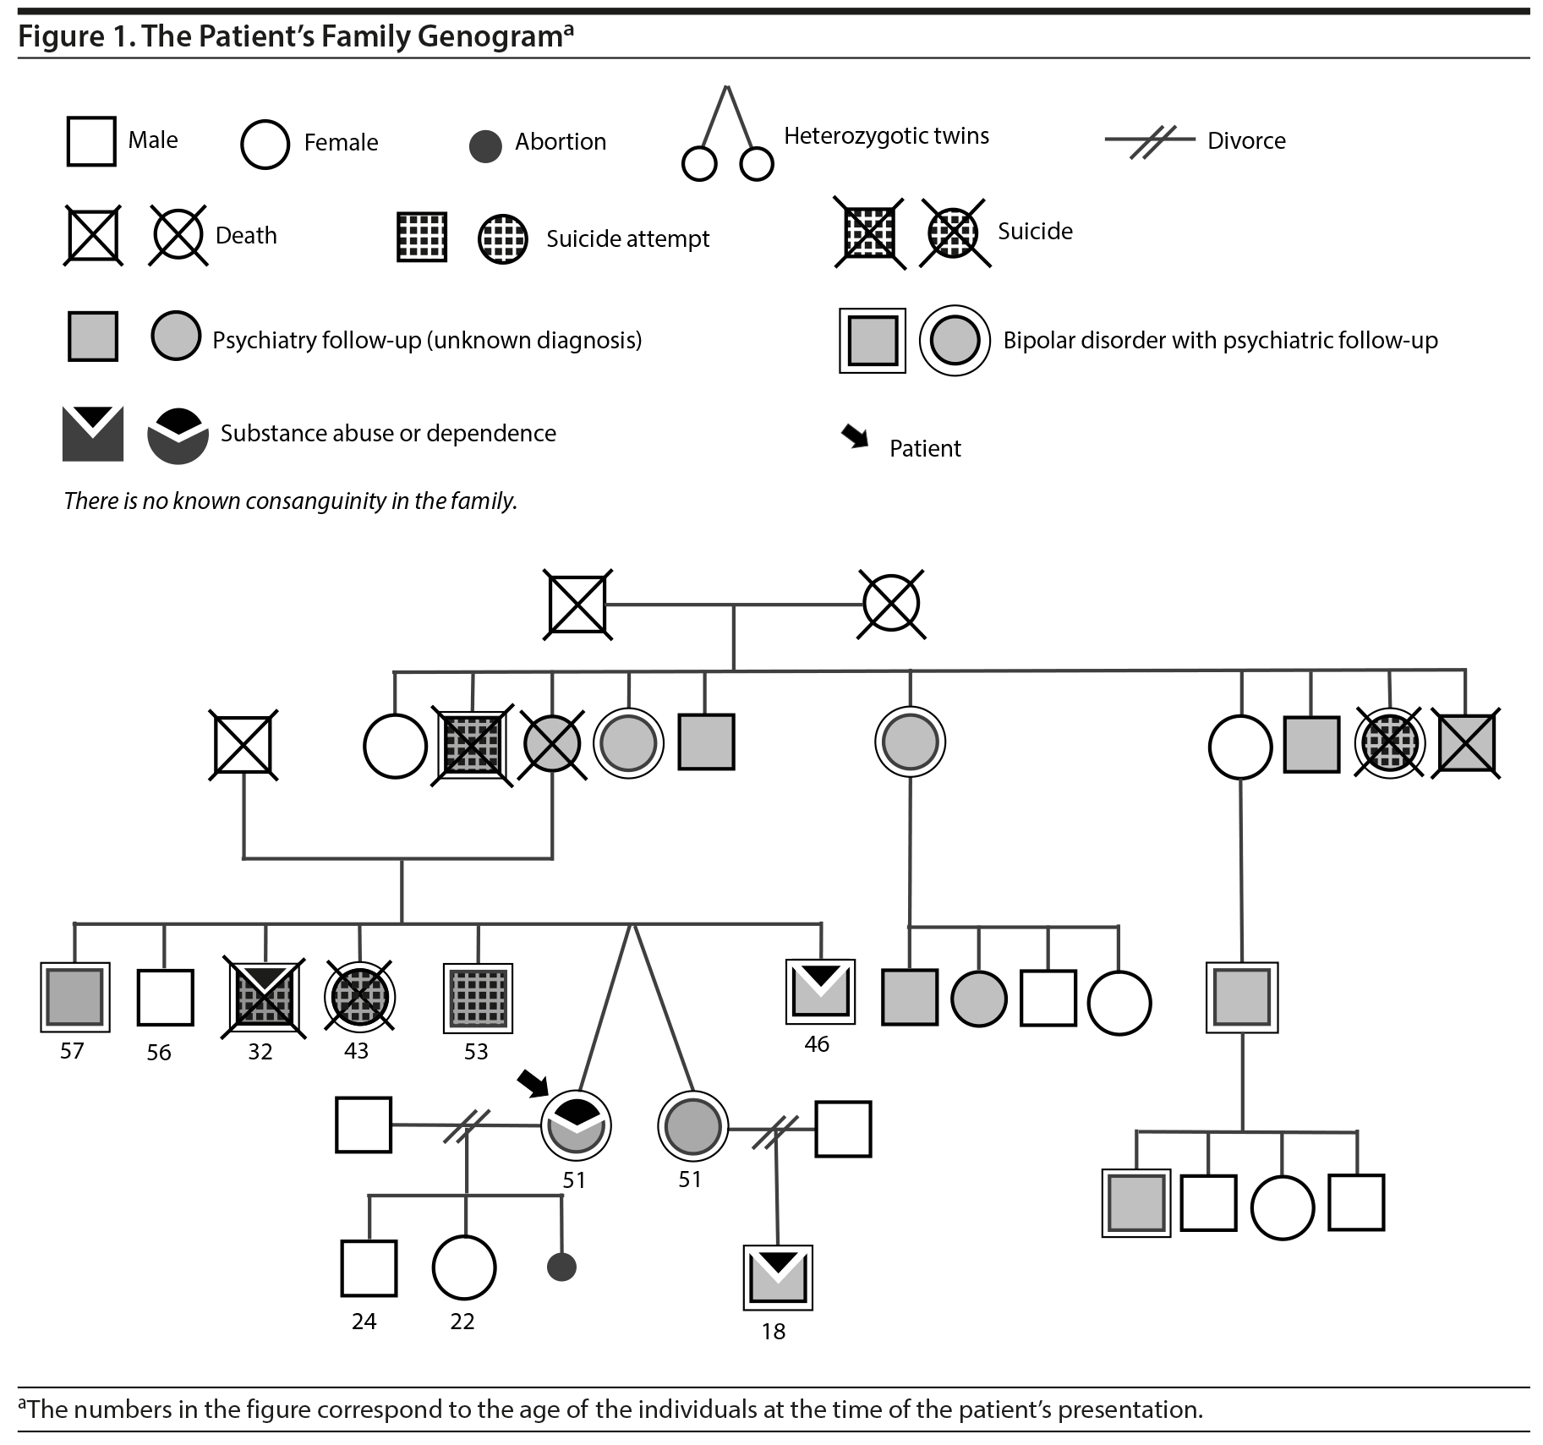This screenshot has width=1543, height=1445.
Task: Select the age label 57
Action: pyautogui.click(x=72, y=1051)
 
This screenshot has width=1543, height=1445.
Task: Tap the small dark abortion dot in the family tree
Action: pyautogui.click(x=561, y=1267)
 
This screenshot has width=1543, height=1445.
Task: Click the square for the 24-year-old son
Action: pyautogui.click(x=369, y=1267)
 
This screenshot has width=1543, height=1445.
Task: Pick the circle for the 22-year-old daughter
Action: pyautogui.click(x=463, y=1267)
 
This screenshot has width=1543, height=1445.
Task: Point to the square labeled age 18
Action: pyautogui.click(x=778, y=1278)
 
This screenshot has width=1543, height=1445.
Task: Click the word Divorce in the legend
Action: pyautogui.click(x=1246, y=141)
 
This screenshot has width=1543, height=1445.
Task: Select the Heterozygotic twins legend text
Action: pyautogui.click(x=886, y=136)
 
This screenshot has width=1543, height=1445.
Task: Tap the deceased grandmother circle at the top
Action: pyautogui.click(x=891, y=604)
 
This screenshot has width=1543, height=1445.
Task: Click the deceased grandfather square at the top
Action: pyautogui.click(x=578, y=605)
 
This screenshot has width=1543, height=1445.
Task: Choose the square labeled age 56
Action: pyautogui.click(x=165, y=998)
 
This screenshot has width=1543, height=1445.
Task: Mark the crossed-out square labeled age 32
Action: pyautogui.click(x=265, y=998)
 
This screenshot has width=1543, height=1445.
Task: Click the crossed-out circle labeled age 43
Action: pyautogui.click(x=359, y=998)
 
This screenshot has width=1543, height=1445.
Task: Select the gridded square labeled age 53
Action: pyautogui.click(x=479, y=998)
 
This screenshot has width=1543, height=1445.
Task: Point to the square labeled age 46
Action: pyautogui.click(x=820, y=991)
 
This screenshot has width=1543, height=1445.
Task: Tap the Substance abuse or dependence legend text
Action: pyautogui.click(x=388, y=434)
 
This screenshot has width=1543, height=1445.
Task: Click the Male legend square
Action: pyautogui.click(x=91, y=141)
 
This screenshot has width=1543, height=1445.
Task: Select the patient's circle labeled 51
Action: pyautogui.click(x=576, y=1125)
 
